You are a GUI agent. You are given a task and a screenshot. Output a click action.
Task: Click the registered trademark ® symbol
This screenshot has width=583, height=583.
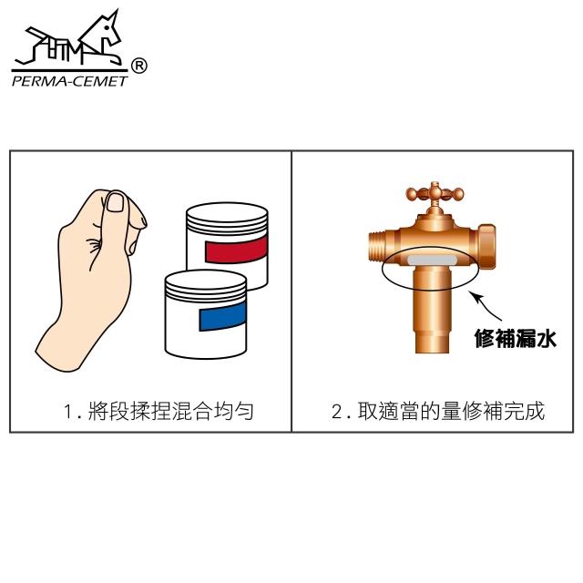click(139, 66)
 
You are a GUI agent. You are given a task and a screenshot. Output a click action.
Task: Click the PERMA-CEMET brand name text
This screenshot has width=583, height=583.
click(70, 81)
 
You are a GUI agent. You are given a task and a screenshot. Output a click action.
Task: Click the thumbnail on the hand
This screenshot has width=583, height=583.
click(115, 202)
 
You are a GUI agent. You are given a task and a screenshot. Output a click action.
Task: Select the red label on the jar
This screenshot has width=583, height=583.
click(236, 249)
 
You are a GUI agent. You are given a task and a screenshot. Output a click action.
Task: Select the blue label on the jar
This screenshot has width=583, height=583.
click(222, 316)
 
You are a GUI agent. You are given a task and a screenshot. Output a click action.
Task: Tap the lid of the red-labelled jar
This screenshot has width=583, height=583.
click(227, 217)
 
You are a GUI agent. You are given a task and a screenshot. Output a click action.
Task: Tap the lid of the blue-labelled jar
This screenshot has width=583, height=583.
click(206, 285)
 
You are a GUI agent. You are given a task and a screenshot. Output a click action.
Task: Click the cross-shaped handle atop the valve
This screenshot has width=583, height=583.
click(435, 194)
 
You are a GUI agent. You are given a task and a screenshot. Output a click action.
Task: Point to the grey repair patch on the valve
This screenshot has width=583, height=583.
click(432, 260)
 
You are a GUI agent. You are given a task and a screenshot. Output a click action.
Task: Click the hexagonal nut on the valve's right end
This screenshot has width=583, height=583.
click(486, 247)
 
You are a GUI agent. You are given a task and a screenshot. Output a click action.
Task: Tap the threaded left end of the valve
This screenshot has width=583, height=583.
click(378, 245)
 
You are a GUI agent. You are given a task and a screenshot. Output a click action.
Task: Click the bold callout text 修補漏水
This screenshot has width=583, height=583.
click(515, 338)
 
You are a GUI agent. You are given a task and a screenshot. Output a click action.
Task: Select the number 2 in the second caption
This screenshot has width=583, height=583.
click(337, 412)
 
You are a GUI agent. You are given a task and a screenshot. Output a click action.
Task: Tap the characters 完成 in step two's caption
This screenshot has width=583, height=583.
click(525, 411)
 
